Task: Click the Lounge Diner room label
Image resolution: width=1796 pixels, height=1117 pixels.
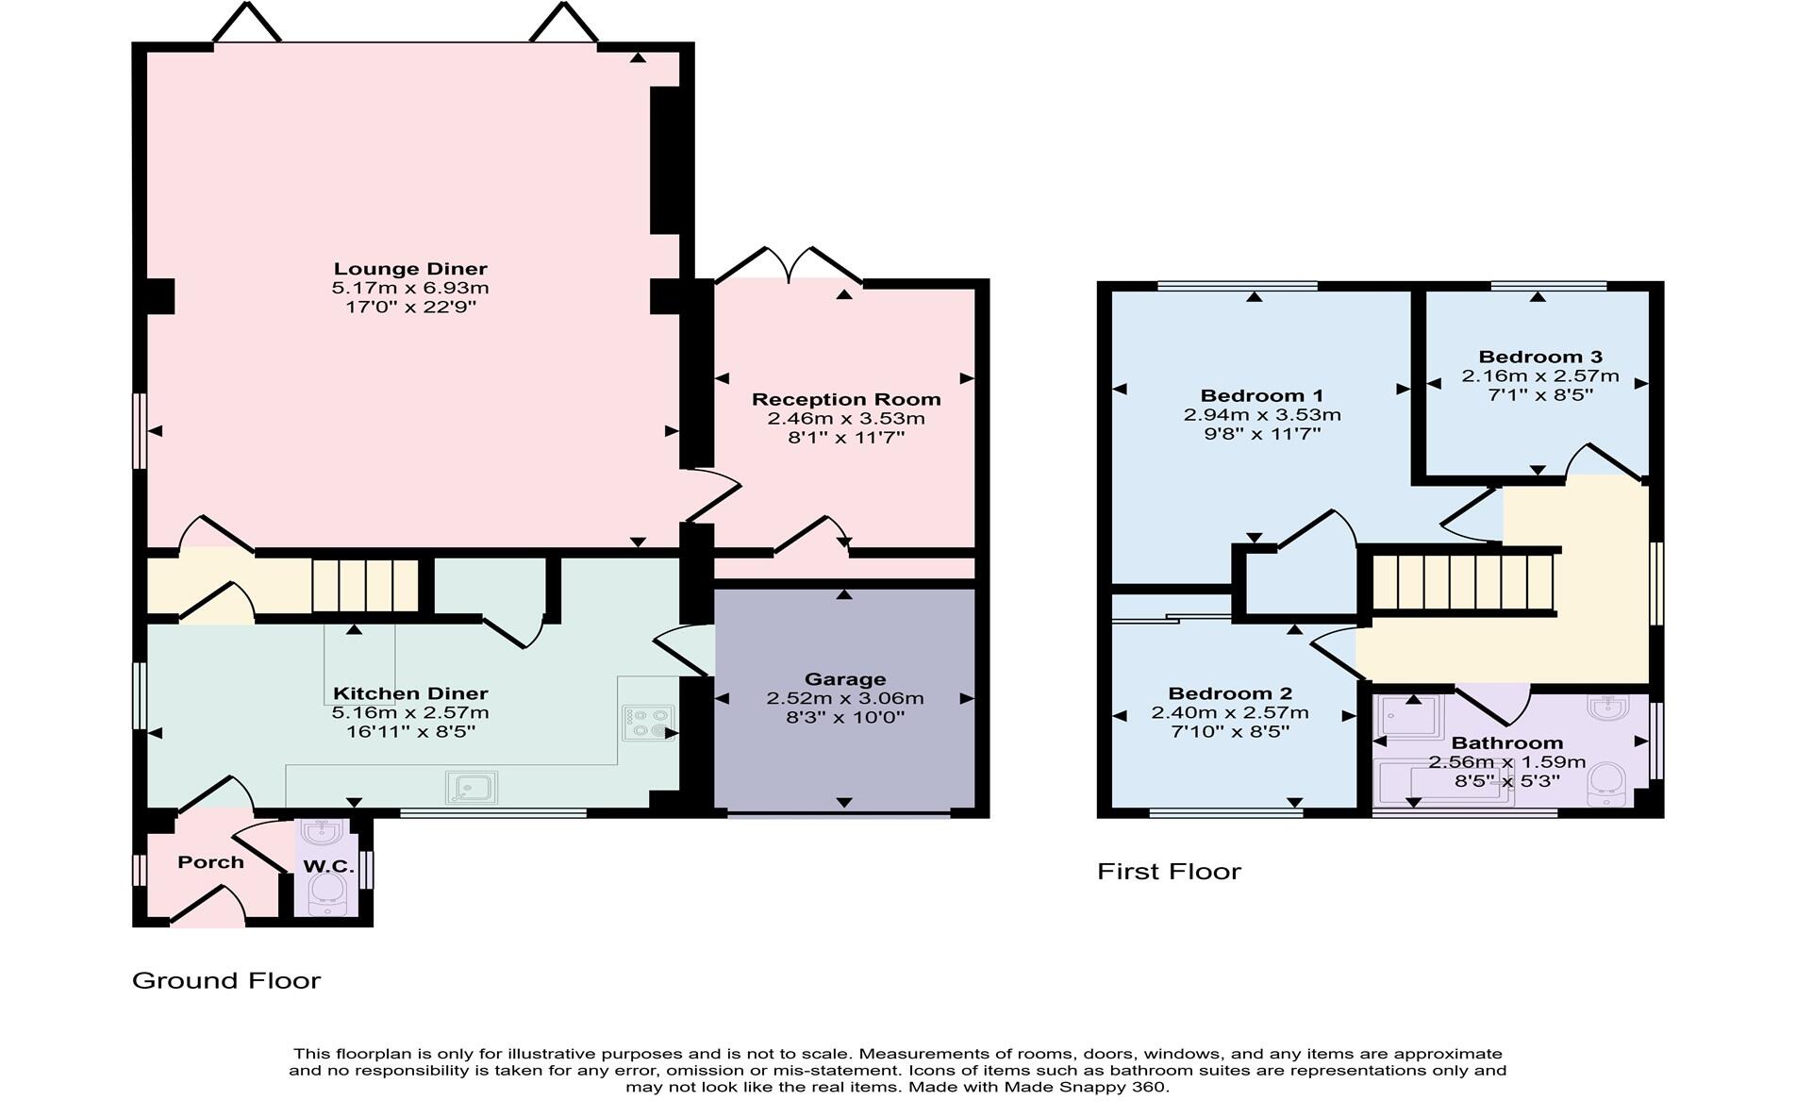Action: coord(410,269)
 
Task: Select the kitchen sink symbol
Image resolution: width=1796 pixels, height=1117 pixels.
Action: coord(471,787)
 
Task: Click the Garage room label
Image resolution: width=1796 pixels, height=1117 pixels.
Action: coord(845,679)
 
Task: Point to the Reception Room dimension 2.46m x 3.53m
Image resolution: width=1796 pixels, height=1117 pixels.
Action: coord(845,419)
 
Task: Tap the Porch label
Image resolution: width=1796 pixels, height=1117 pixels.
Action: coord(210,862)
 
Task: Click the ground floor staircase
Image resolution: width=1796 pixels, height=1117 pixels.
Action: coord(365,586)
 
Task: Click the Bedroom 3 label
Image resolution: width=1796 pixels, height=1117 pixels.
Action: coord(1539,357)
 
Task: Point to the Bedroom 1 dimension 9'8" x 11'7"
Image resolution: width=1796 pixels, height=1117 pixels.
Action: coord(1261,435)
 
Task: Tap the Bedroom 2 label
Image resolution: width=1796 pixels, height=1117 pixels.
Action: coord(1229,693)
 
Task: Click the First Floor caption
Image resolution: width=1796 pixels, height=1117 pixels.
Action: coord(1168,872)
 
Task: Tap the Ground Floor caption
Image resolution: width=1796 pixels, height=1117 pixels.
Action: coord(226,981)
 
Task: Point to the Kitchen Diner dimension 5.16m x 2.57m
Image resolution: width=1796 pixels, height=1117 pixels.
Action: coord(410,713)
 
